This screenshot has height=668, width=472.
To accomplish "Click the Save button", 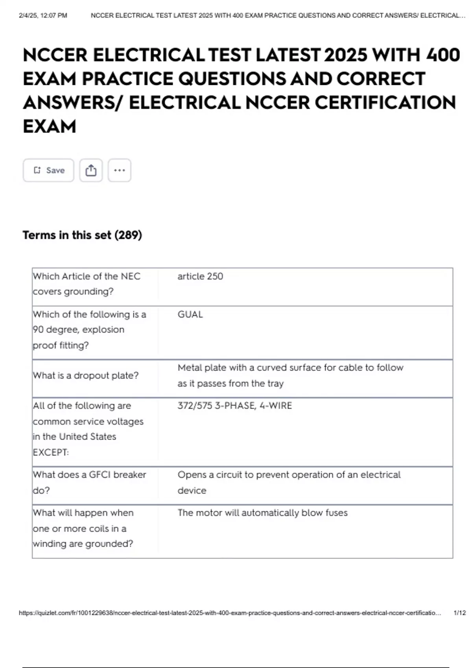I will click(x=48, y=170).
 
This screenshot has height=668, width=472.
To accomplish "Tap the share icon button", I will click(x=91, y=170).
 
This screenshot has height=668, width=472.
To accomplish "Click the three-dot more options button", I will click(x=119, y=170).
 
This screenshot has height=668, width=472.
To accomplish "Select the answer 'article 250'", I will click(x=200, y=276).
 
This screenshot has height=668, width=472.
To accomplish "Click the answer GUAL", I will click(x=190, y=314).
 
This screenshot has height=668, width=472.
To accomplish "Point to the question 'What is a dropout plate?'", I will click(x=86, y=376).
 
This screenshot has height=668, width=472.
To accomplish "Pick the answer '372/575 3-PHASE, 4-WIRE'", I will click(x=234, y=406).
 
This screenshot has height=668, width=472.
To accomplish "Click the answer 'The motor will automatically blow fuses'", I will click(x=262, y=513).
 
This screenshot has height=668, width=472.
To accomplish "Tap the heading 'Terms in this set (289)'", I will click(x=82, y=235).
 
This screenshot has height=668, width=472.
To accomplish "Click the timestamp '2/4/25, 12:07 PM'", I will click(x=43, y=16).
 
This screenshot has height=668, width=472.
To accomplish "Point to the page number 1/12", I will click(x=459, y=613).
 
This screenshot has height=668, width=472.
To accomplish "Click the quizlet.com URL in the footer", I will click(x=230, y=613).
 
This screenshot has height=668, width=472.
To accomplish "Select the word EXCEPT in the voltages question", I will click(x=51, y=452).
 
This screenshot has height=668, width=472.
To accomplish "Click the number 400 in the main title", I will click(x=443, y=55).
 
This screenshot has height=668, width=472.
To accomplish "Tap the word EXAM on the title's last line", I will click(x=50, y=127).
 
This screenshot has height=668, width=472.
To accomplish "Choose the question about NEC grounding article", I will click(x=87, y=284).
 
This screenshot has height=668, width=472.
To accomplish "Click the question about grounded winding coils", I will click(x=83, y=528).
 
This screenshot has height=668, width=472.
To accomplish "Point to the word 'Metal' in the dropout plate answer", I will click(x=190, y=368).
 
